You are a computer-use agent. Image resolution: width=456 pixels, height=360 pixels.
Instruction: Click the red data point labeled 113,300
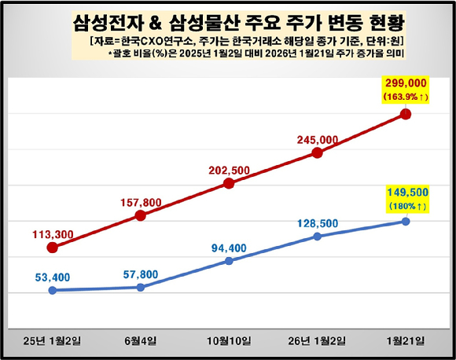coord(52,248)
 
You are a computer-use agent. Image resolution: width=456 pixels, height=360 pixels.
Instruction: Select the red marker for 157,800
coord(140,215)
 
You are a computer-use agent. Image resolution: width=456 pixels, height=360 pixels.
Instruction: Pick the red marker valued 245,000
coord(317,152)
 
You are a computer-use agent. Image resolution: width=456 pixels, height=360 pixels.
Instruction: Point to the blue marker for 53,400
coord(52,290)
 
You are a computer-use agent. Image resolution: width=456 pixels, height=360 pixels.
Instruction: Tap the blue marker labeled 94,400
coord(229,260)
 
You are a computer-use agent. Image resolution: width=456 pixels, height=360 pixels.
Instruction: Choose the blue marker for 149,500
coord(406,221)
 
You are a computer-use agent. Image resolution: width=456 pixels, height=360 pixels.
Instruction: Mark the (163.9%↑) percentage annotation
coord(406,97)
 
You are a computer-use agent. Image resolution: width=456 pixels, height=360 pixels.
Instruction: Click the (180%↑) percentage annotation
coord(406,206)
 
